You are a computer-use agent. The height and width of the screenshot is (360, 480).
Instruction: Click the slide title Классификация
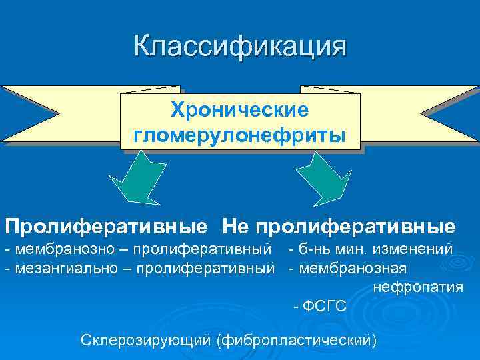click(240, 47)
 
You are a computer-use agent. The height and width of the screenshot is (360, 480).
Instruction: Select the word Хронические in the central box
click(240, 108)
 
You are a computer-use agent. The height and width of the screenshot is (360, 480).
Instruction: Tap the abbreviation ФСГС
click(325, 306)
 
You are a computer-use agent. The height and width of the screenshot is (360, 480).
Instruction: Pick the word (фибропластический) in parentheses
click(296, 340)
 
